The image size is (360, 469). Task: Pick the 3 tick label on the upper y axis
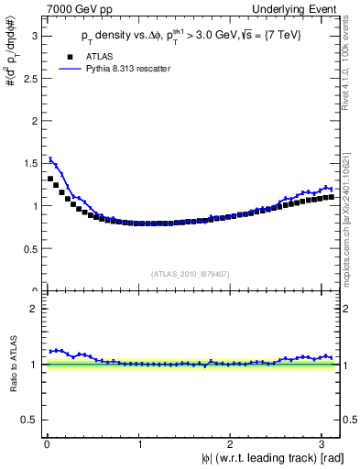[37, 37]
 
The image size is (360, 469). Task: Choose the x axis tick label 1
[139, 443]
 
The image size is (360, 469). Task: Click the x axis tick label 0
[46, 443]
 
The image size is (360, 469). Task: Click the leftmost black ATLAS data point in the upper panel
[50, 179]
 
